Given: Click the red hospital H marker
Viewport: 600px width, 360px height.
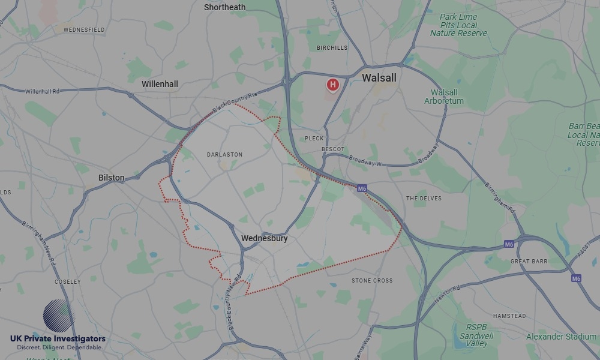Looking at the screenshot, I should click(332, 85).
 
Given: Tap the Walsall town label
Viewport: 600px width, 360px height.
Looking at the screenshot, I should click(379, 78).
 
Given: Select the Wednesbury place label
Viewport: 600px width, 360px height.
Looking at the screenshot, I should click(264, 238).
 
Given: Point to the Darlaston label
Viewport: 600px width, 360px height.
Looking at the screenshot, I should click(224, 154).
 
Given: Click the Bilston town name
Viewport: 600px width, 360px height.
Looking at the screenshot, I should click(112, 178).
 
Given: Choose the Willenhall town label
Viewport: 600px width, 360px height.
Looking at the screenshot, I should click(160, 84).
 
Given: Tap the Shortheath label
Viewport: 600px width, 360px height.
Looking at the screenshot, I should click(224, 7).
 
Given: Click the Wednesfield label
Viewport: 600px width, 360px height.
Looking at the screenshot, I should click(84, 29).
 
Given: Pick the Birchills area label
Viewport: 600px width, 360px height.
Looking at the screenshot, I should click(332, 47).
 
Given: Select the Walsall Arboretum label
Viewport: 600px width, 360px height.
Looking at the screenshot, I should click(444, 97).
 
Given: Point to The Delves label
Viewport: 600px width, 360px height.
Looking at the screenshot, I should click(424, 198).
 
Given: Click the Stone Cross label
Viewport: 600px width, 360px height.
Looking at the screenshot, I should click(372, 280).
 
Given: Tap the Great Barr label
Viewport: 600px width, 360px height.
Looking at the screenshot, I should click(529, 262).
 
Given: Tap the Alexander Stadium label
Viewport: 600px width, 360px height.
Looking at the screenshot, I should click(560, 337).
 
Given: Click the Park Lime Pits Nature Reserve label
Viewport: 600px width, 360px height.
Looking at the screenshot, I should click(458, 25).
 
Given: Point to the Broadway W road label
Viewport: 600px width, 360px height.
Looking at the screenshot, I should click(365, 163).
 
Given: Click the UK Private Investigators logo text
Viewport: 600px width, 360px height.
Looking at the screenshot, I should click(58, 339).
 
